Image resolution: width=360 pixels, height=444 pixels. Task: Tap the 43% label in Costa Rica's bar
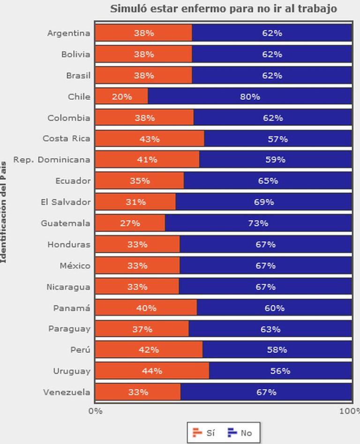pyautogui.click(x=149, y=139)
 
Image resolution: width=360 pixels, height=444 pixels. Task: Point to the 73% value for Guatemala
pyautogui.click(x=258, y=223)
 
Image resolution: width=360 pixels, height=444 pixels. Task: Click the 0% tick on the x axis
pyautogui.click(x=95, y=411)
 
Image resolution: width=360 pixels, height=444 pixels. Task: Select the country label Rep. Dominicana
pyautogui.click(x=52, y=159)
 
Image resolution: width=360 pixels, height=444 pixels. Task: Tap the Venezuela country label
pyautogui.click(x=67, y=392)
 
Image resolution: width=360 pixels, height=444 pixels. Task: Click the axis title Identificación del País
pyautogui.click(x=4, y=212)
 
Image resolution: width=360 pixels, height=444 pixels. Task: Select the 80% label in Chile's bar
pyautogui.click(x=250, y=97)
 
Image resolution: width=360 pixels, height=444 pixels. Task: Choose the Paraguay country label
pyautogui.click(x=69, y=329)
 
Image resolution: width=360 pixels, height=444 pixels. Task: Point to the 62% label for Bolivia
pyautogui.click(x=272, y=54)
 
